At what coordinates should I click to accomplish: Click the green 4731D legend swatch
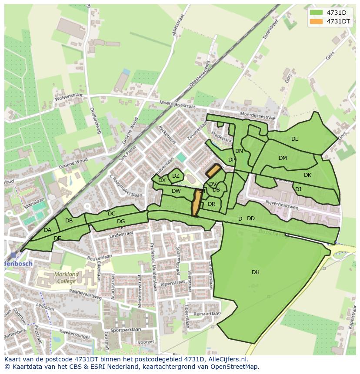coord(316,12)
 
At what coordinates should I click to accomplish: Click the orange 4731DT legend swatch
coord(316,21)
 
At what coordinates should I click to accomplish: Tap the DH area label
coord(255,272)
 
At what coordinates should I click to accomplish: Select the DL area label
coord(294,139)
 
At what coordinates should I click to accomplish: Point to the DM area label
coord(283,158)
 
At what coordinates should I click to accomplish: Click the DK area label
coord(307,175)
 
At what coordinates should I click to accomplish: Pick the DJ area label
coord(298,189)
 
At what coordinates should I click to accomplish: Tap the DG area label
coord(121,222)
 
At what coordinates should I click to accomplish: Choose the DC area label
coord(111,214)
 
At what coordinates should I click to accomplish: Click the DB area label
coord(69,221)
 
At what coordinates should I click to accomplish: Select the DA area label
coord(47,230)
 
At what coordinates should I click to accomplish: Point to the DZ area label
coord(176,176)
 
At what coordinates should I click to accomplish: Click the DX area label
coord(162,180)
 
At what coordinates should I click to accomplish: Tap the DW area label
coord(176,191)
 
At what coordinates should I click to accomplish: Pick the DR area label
coord(211,204)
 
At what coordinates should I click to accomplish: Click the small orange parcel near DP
coord(213,171)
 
